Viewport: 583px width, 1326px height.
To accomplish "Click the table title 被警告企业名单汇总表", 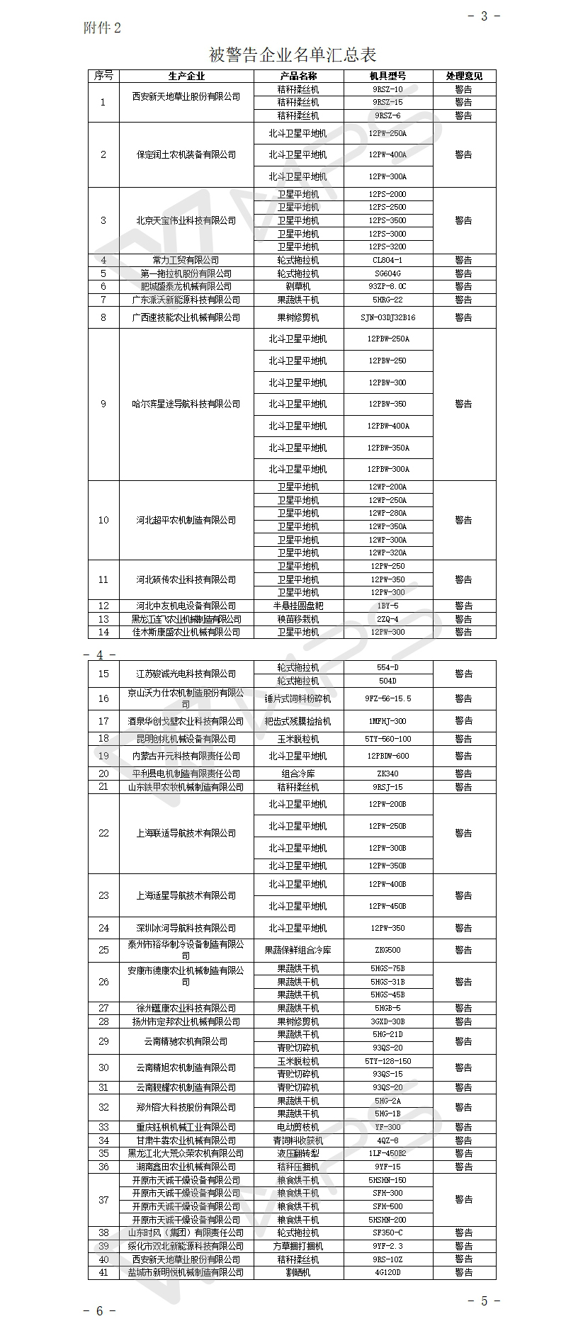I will [293, 55].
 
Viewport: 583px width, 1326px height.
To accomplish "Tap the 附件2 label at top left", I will [103, 28].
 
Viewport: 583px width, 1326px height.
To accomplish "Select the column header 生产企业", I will [186, 76].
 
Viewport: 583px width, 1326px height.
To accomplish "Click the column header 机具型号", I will [387, 76].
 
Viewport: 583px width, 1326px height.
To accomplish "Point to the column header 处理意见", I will [463, 76].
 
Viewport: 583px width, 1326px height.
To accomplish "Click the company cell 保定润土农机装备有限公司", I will [186, 154].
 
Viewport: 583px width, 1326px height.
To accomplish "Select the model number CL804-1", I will [387, 260].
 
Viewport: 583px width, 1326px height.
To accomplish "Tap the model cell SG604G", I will [387, 273].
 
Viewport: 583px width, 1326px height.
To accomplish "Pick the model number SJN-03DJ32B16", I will [387, 317].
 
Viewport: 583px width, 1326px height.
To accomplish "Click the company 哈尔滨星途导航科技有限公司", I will [186, 404].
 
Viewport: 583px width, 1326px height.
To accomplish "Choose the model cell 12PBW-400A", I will [387, 426].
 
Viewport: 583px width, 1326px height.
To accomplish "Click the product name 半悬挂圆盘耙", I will [298, 606].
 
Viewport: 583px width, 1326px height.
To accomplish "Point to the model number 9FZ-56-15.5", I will [387, 698].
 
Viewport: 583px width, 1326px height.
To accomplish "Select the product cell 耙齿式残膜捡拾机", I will [298, 721].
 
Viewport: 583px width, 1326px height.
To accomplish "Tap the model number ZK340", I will [387, 773].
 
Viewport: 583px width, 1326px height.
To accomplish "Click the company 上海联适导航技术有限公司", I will [186, 833].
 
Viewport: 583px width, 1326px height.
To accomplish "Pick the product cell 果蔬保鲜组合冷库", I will [298, 950].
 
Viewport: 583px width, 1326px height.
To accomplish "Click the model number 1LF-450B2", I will [387, 1153].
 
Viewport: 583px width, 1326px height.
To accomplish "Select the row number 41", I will [103, 1272].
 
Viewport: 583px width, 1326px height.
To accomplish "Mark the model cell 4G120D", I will [387, 1272].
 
